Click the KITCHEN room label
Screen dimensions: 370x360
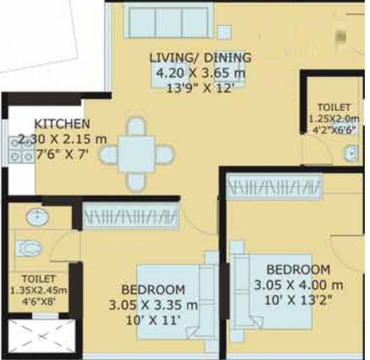(x=62, y=124)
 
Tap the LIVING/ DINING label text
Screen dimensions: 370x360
(x=200, y=58)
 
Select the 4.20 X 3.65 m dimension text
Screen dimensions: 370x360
(x=201, y=73)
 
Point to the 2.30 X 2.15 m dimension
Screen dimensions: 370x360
(x=63, y=139)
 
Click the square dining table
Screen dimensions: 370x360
(x=137, y=154)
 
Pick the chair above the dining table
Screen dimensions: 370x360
(x=137, y=127)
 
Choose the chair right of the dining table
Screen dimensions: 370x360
(x=165, y=154)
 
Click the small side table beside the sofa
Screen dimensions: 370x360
(x=224, y=32)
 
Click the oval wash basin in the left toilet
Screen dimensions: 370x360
(x=37, y=217)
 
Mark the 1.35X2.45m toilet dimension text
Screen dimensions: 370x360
(x=39, y=290)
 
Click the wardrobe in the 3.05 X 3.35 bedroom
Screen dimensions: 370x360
(x=131, y=216)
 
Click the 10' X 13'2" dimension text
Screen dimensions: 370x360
(x=298, y=301)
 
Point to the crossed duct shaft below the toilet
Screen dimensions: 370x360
(x=42, y=336)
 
